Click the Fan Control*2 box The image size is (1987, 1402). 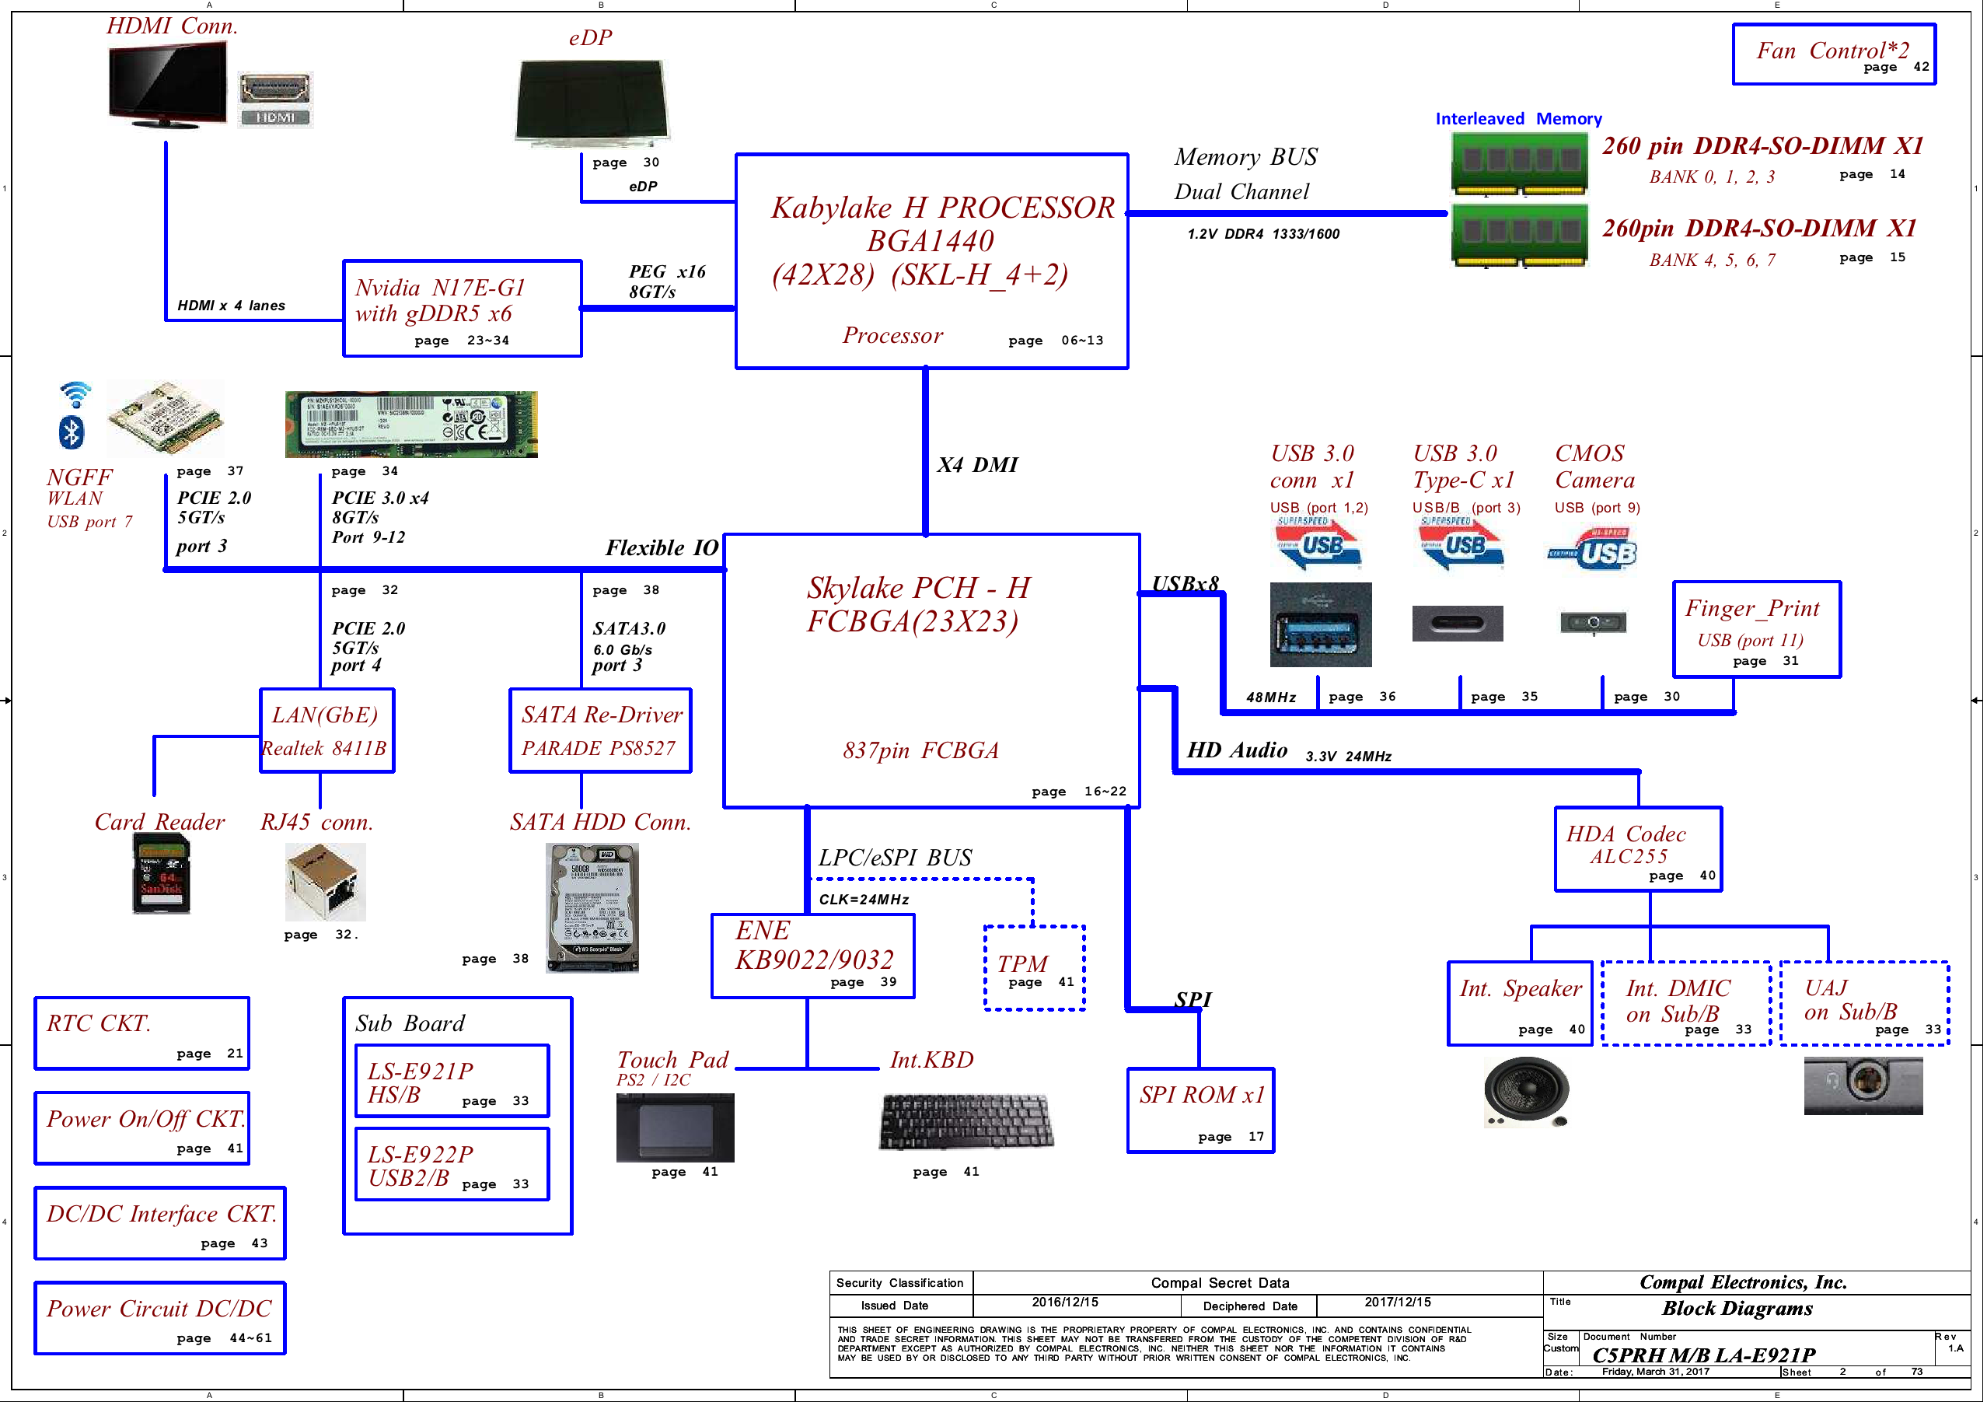pyautogui.click(x=1833, y=54)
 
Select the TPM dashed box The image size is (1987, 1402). pyautogui.click(x=1034, y=967)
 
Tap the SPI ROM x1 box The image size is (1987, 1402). pyautogui.click(x=1200, y=1110)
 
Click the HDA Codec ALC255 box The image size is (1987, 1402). pyautogui.click(x=1637, y=849)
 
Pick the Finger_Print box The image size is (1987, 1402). pyautogui.click(x=1756, y=629)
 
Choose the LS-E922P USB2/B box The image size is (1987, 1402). pyautogui.click(x=452, y=1164)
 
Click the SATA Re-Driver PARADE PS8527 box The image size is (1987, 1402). pyautogui.click(x=601, y=730)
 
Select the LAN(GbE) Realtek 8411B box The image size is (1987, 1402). pyautogui.click(x=327, y=730)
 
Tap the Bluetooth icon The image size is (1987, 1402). pyautogui.click(x=72, y=432)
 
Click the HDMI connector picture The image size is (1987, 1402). pyautogui.click(x=275, y=100)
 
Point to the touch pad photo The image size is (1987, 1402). pyautogui.click(x=675, y=1128)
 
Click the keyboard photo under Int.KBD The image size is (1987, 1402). pyautogui.click(x=966, y=1121)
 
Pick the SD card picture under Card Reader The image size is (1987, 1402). pyautogui.click(x=161, y=879)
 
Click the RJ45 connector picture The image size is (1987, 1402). pyautogui.click(x=326, y=882)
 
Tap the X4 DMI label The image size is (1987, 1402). pyautogui.click(x=977, y=465)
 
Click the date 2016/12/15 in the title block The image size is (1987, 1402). pyautogui.click(x=1064, y=1302)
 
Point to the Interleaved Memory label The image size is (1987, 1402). pyautogui.click(x=1518, y=118)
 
